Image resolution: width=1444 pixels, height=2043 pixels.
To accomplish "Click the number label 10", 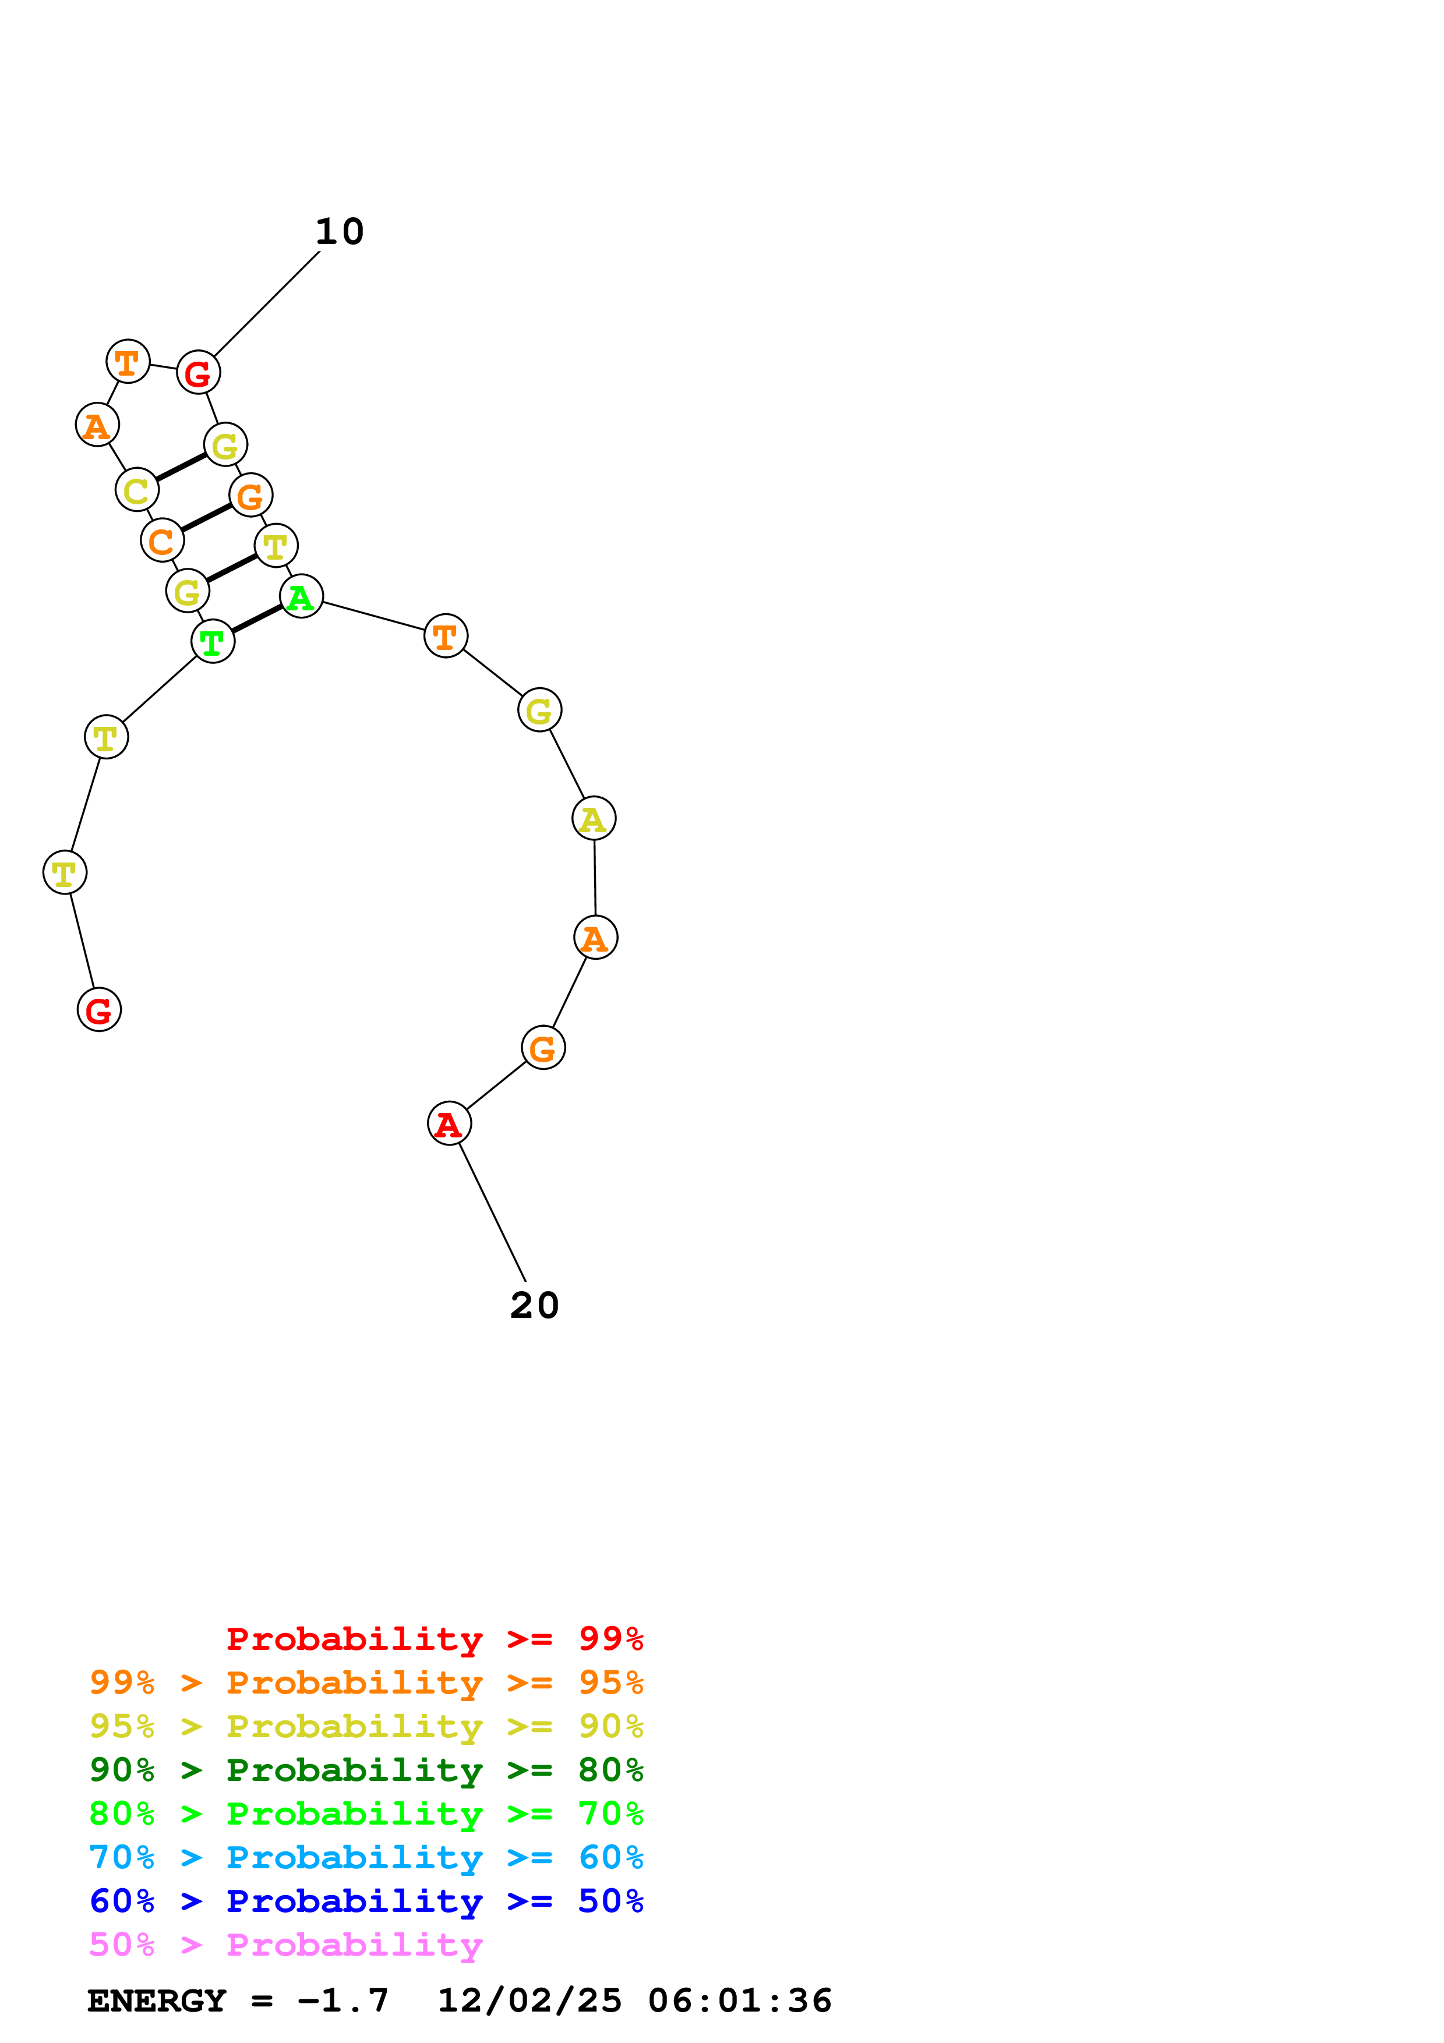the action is tap(340, 232).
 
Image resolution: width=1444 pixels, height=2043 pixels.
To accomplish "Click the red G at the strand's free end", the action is tap(99, 1010).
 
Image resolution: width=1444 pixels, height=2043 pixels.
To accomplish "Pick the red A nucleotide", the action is tap(449, 1124).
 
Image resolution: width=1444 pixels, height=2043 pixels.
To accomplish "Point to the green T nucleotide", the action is tap(213, 642).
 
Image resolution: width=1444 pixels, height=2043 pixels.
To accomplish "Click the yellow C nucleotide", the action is tap(137, 490).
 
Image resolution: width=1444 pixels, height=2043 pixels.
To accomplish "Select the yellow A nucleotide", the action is tap(594, 819).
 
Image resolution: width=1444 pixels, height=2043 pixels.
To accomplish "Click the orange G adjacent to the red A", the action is tap(543, 1048).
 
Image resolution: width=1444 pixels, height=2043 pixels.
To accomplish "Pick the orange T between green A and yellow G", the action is tap(446, 636).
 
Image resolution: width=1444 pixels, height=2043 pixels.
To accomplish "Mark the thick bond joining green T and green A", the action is tap(257, 619).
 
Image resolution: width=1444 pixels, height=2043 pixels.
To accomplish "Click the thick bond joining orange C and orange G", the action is tap(206, 518).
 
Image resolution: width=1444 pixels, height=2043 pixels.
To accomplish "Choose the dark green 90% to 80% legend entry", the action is tap(366, 1770).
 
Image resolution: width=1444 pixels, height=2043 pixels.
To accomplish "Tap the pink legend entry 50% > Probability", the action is tap(285, 1945).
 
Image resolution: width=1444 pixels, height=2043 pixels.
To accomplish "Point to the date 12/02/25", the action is tap(529, 2001).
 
